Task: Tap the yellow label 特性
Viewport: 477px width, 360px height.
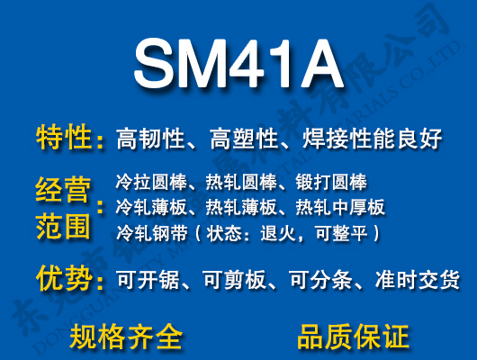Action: pyautogui.click(x=64, y=138)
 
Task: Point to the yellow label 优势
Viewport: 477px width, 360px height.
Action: pyautogui.click(x=64, y=278)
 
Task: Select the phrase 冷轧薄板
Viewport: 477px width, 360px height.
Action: pyautogui.click(x=147, y=208)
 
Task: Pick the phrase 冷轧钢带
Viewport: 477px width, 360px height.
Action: pyautogui.click(x=147, y=234)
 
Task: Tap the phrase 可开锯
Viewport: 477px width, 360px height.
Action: pyautogui.click(x=147, y=280)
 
